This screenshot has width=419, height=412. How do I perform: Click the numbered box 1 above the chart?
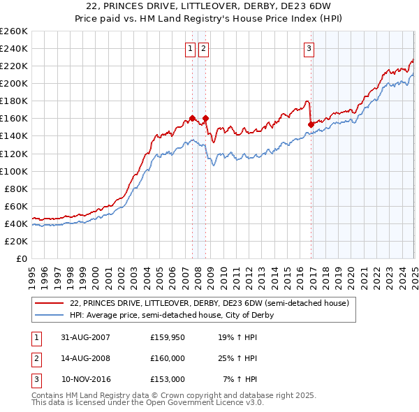pyautogui.click(x=190, y=48)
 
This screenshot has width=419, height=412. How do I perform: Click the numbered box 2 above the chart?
pyautogui.click(x=203, y=48)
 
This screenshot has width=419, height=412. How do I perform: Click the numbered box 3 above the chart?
pyautogui.click(x=309, y=48)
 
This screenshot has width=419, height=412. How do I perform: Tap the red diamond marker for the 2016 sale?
pyautogui.click(x=311, y=124)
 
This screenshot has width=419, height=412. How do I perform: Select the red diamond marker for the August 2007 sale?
pyautogui.click(x=192, y=118)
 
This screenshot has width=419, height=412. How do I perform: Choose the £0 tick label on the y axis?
pyautogui.click(x=22, y=259)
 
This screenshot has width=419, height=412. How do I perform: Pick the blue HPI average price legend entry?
pyautogui.click(x=171, y=315)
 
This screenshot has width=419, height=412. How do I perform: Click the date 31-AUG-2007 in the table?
pyautogui.click(x=84, y=337)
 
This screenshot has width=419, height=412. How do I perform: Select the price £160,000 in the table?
pyautogui.click(x=167, y=358)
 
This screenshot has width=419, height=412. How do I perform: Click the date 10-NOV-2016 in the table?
pyautogui.click(x=85, y=379)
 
